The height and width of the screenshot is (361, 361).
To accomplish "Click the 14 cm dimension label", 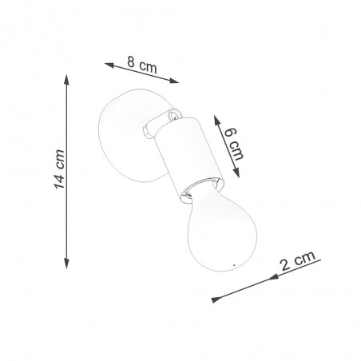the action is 59,169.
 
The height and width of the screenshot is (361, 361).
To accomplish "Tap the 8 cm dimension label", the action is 142,65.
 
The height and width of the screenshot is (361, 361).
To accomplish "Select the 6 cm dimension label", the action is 233,144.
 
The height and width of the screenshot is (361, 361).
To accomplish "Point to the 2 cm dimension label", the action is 298,260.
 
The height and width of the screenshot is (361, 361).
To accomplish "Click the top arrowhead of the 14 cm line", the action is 66,80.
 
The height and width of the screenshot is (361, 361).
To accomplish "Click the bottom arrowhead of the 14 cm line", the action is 66,264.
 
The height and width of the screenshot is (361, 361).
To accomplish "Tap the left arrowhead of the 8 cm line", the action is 109,65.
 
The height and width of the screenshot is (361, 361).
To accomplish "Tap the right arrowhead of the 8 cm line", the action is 174,80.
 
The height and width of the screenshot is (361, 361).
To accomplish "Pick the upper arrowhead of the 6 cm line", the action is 217,121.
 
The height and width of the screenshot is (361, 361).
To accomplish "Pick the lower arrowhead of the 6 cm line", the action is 236,173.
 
